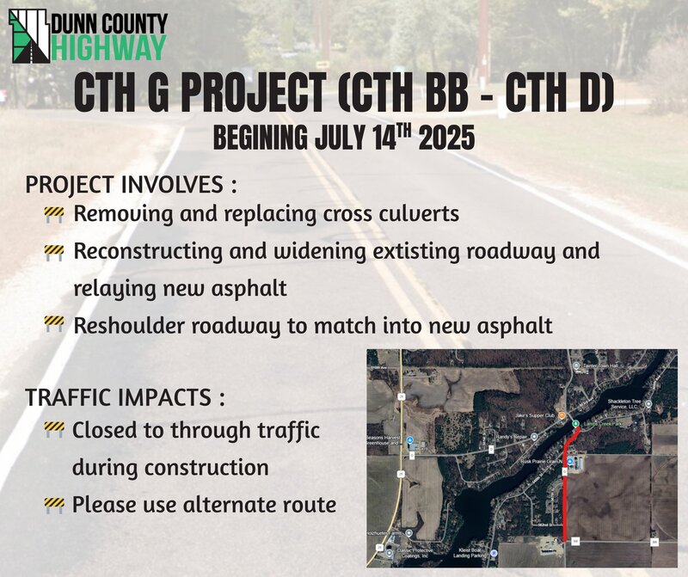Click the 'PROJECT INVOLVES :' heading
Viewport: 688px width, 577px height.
pyautogui.click(x=131, y=186)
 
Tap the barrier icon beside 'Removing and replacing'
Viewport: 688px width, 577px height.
pyautogui.click(x=54, y=213)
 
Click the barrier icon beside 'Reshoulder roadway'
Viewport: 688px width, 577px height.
pyautogui.click(x=54, y=326)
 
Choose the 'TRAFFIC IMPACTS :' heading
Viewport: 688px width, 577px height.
pyautogui.click(x=126, y=398)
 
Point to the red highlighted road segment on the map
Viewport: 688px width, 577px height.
pyautogui.click(x=566, y=490)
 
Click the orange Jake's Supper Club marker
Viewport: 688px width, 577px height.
pyautogui.click(x=561, y=417)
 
